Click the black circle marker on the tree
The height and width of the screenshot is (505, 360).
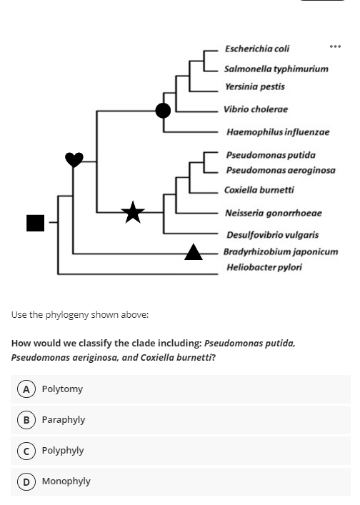(164, 110)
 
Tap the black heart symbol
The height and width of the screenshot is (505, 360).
(74, 159)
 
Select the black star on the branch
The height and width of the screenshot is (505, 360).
(132, 211)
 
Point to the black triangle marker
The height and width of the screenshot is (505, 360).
(194, 251)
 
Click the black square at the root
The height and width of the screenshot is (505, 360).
(35, 223)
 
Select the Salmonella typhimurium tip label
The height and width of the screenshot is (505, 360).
(276, 69)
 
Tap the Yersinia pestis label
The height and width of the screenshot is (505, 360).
(254, 86)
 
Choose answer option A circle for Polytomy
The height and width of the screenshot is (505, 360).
(26, 389)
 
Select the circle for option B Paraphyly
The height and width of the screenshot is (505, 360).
(26, 420)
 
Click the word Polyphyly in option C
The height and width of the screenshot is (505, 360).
(63, 451)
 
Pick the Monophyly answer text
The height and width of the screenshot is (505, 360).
(66, 481)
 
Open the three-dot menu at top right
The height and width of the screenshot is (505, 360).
(336, 46)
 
